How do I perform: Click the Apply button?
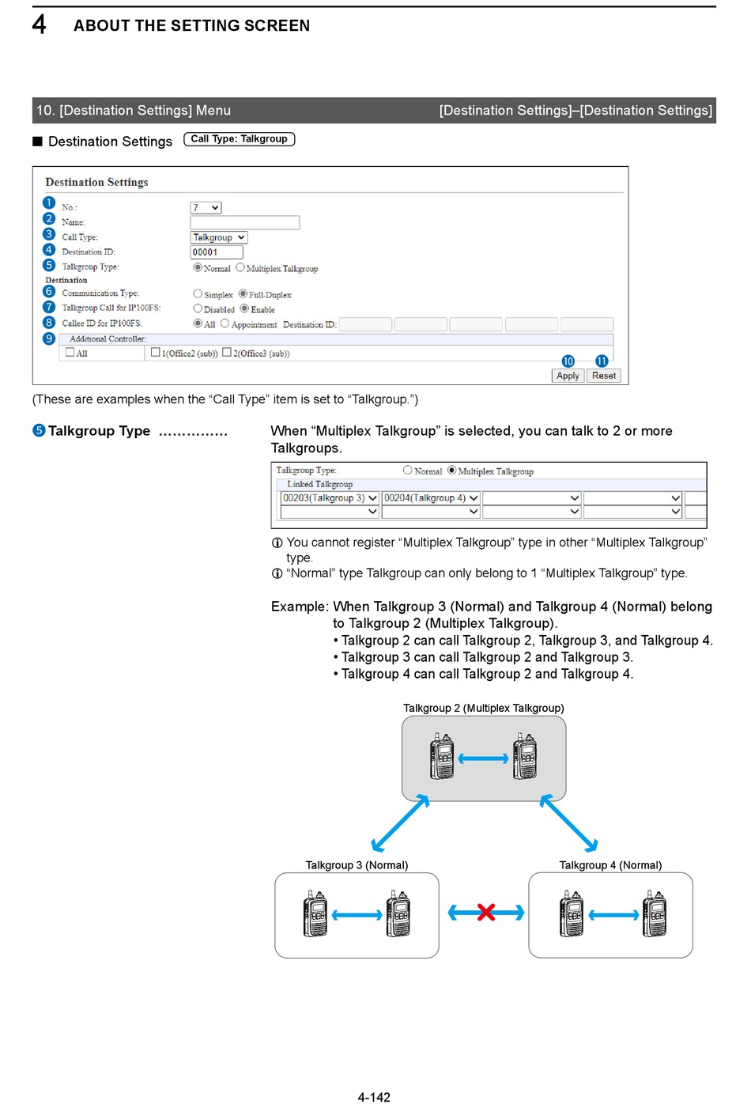click(x=568, y=376)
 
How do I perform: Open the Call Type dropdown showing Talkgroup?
click(x=219, y=237)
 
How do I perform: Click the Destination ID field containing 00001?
click(x=216, y=252)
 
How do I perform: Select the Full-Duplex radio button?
click(x=243, y=294)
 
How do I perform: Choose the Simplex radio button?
click(x=198, y=294)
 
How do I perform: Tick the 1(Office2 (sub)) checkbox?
click(x=156, y=353)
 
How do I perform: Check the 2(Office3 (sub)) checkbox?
click(x=227, y=353)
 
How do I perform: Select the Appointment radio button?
click(x=225, y=323)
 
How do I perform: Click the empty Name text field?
click(x=244, y=222)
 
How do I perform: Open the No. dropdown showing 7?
click(x=206, y=208)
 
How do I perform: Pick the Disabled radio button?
click(x=198, y=308)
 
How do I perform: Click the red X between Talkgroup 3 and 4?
click(x=486, y=913)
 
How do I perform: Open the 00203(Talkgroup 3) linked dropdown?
click(x=330, y=498)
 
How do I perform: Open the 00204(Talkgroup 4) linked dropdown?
click(x=431, y=498)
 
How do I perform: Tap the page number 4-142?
click(x=374, y=1097)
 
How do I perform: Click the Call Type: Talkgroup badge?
click(x=239, y=139)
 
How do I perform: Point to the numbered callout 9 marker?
click(x=49, y=338)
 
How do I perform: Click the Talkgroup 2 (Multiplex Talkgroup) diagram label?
click(x=483, y=708)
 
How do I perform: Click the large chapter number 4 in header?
click(x=40, y=25)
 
